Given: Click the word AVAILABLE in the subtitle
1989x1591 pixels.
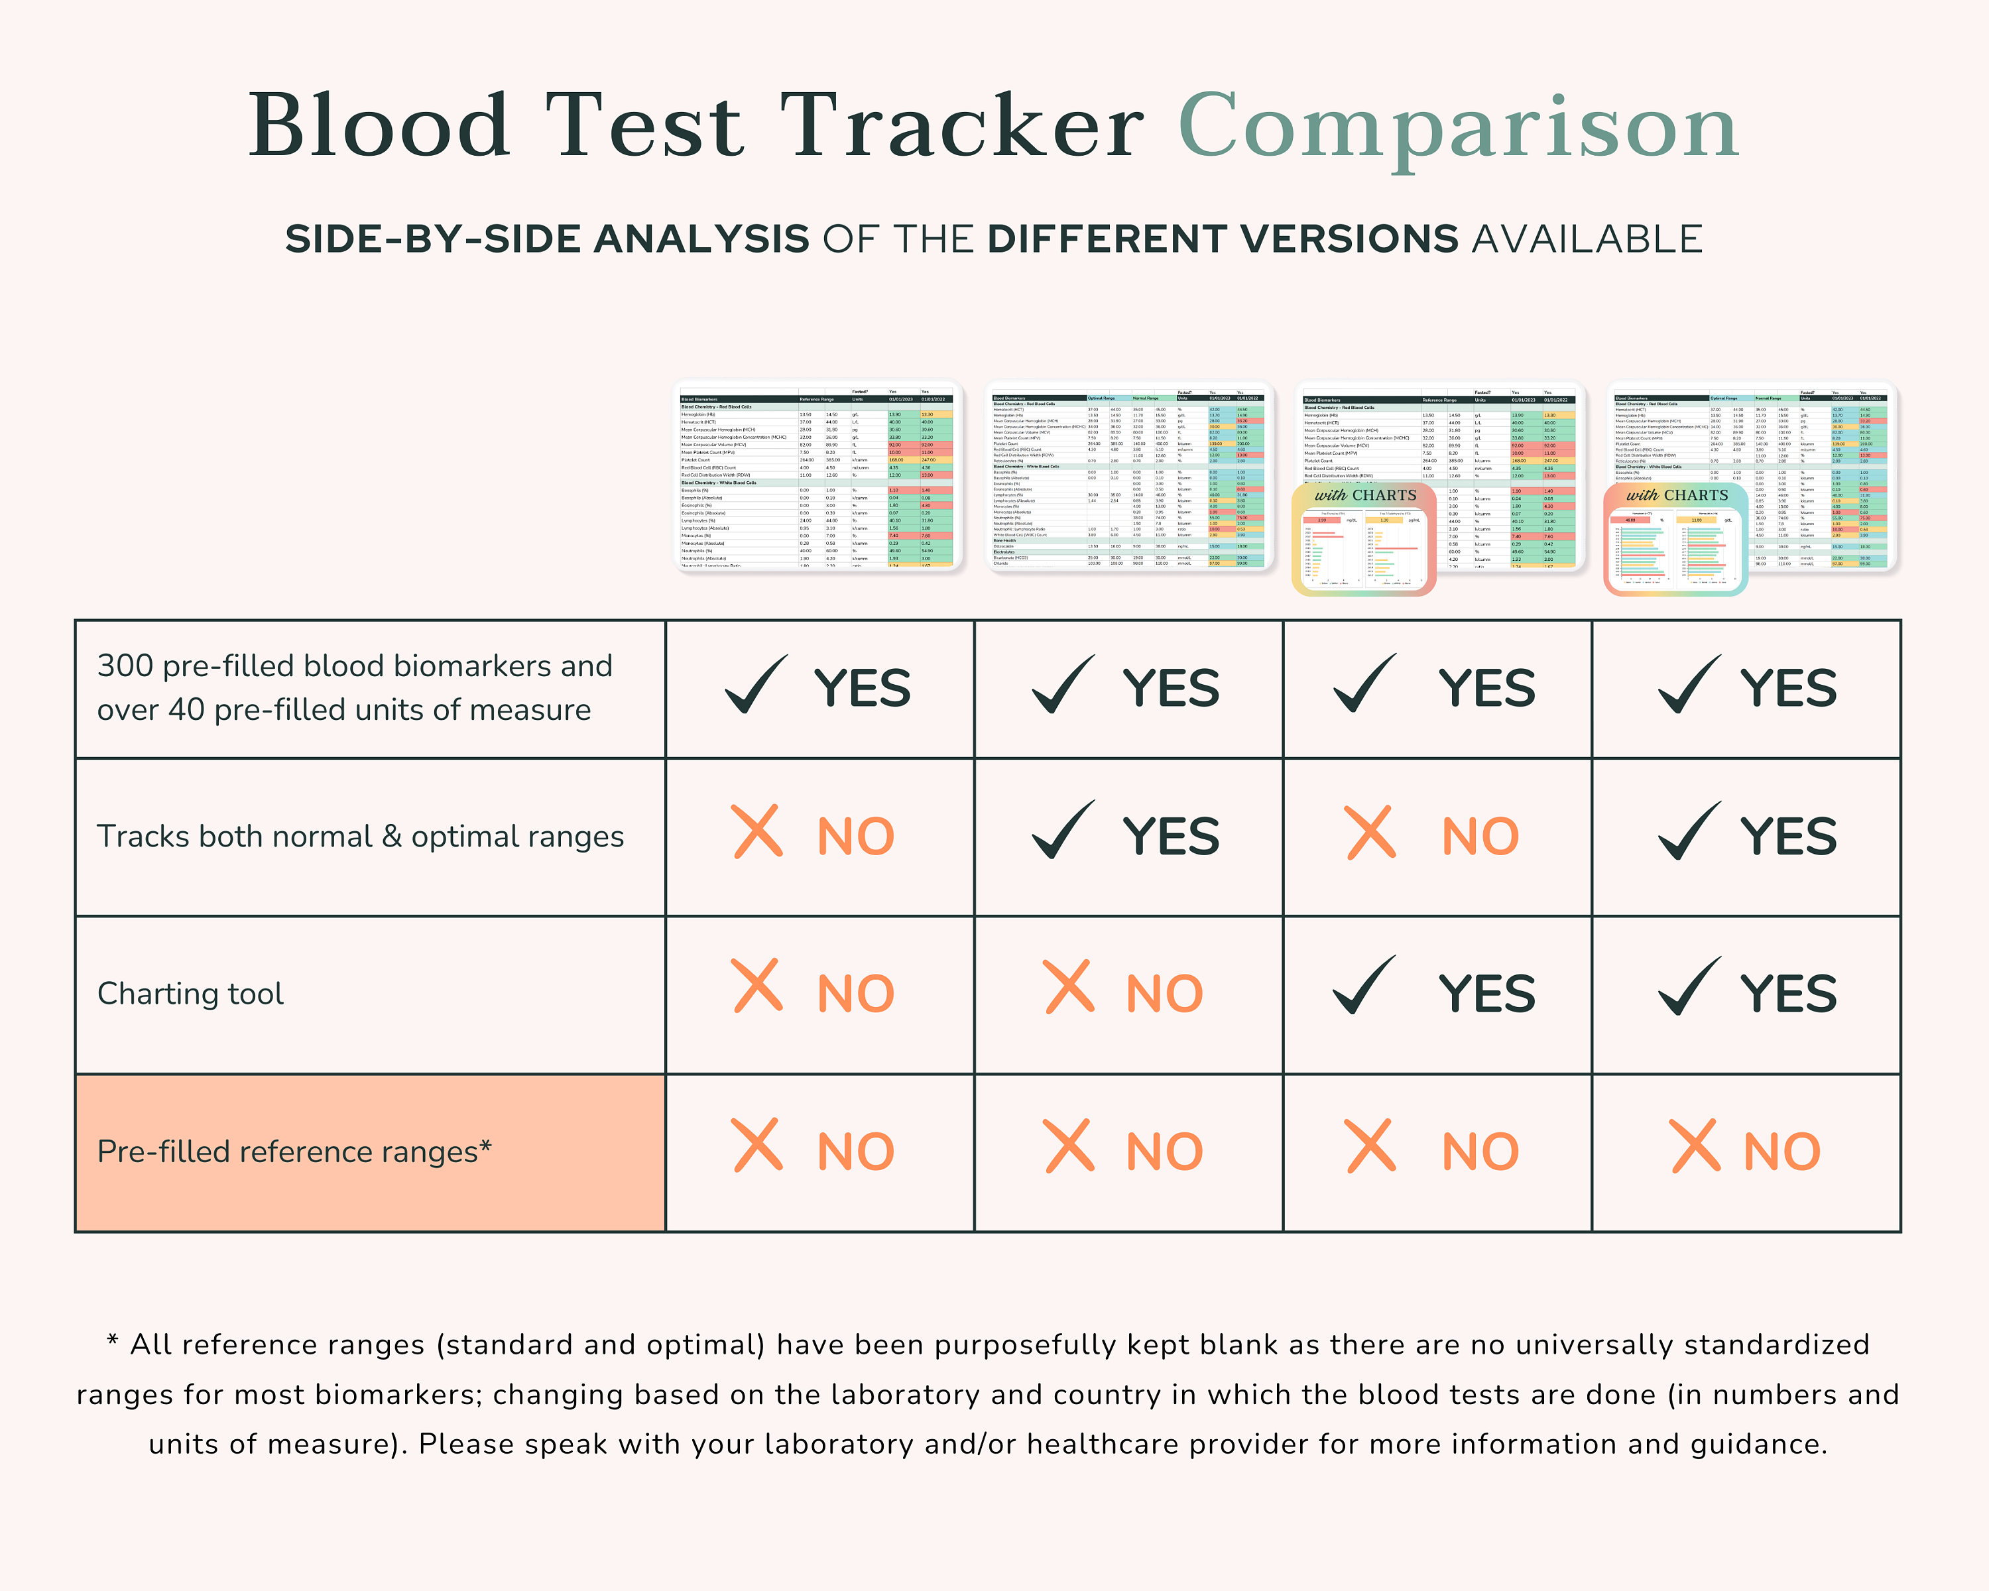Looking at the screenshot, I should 1587,240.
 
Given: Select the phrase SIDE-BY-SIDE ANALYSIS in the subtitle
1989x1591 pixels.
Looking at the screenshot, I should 547,240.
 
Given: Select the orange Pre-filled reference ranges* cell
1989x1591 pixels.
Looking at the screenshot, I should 370,1152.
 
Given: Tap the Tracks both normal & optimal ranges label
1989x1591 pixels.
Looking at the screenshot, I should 361,837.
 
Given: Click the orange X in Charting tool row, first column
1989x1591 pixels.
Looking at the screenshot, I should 757,987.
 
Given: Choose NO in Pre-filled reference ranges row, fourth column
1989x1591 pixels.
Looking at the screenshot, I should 1781,1152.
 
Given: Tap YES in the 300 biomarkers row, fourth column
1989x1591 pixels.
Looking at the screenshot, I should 1788,689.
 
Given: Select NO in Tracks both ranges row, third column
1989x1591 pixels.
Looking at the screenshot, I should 1480,837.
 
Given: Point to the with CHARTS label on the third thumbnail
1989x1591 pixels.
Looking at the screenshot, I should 1365,495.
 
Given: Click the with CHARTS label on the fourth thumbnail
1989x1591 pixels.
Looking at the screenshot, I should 1677,495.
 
